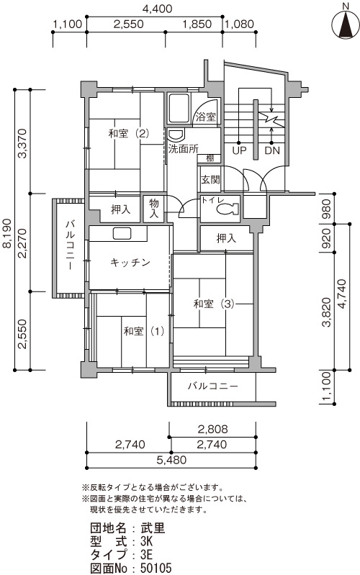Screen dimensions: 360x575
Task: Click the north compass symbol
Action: coord(346,23)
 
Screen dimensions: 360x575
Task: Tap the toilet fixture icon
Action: coord(228,209)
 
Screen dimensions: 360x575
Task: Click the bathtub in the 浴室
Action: coord(179,108)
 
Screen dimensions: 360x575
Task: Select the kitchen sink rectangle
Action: coord(122,234)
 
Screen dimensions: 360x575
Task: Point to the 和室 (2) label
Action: coord(128,133)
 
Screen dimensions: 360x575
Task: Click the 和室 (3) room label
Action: coord(214,304)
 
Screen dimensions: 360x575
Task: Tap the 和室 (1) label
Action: coord(143,331)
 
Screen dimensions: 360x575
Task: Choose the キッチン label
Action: coord(130,263)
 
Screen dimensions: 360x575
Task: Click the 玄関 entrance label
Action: coord(210,180)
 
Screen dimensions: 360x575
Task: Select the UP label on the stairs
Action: coord(239,150)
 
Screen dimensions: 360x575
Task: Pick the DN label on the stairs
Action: coord(272,150)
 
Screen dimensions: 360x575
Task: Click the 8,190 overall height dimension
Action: coord(8,239)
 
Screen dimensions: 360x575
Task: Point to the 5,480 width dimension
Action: coord(171,460)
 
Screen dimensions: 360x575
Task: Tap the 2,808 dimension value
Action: coord(213,429)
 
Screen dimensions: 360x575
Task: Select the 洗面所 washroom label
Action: coord(183,149)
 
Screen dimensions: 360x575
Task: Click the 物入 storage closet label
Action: coord(154,208)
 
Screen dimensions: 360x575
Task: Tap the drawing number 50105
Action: coord(156,568)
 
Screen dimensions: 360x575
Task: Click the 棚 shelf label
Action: coord(210,159)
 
